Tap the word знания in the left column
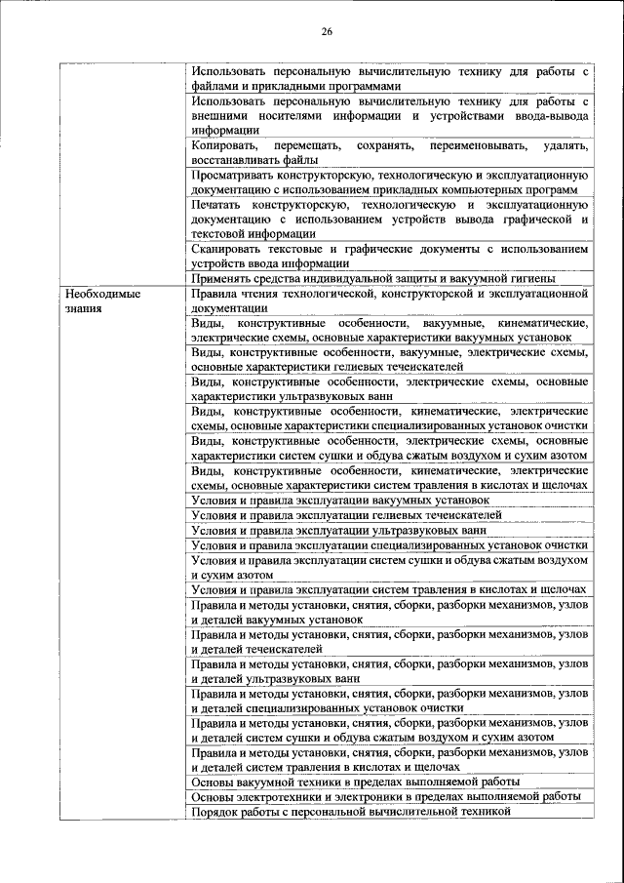85,307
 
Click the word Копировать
223,144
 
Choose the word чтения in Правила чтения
261,294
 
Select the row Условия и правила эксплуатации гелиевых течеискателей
347,514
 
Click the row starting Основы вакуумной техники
356,782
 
